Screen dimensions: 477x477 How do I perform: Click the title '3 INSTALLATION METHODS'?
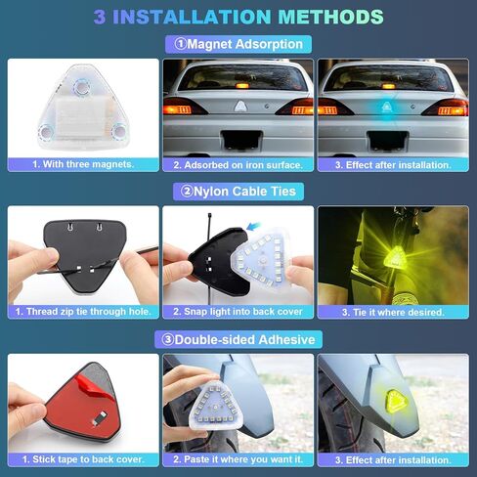point(238,17)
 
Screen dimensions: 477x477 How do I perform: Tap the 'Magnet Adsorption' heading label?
point(238,44)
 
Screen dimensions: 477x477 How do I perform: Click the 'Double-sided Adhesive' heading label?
point(238,338)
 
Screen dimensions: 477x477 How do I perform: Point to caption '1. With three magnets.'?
point(83,164)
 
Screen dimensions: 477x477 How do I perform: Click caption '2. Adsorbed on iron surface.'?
point(238,164)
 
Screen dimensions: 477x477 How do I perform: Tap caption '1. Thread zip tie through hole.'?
point(83,312)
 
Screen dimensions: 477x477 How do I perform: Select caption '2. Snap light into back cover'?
point(238,312)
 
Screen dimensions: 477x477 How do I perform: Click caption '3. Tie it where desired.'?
point(392,312)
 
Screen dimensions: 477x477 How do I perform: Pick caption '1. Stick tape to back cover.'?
point(83,458)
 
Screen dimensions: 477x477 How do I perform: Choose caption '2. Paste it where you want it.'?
point(238,458)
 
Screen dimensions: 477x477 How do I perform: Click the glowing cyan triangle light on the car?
point(391,103)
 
